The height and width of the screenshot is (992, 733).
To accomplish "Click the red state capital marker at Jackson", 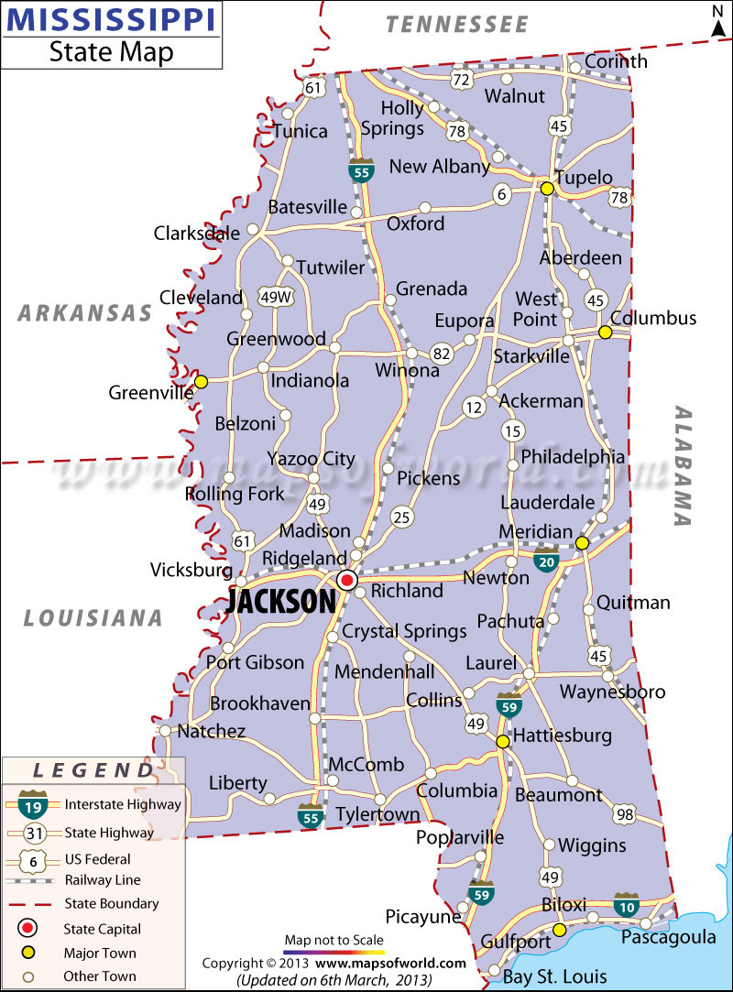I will tap(347, 579).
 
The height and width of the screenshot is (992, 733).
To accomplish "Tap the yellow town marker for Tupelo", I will tap(547, 189).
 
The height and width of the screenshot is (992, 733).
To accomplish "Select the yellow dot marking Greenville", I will tap(201, 381).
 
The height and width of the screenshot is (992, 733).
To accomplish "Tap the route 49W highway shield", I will tap(276, 297).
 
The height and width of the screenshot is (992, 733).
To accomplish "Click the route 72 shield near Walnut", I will tap(461, 80).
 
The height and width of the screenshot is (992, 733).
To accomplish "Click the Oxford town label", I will tap(415, 223).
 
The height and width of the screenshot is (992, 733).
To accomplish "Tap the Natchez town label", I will tap(211, 731).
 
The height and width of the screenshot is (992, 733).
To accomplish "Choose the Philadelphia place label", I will tap(573, 456).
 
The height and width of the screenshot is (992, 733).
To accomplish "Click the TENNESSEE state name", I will tap(457, 25).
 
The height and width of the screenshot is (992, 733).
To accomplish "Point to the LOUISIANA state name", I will tap(93, 618).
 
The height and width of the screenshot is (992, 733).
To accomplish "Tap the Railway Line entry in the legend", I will tap(102, 880).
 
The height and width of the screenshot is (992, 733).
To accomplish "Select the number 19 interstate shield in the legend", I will tap(32, 807).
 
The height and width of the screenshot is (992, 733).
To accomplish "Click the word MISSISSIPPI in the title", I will tap(111, 19).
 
